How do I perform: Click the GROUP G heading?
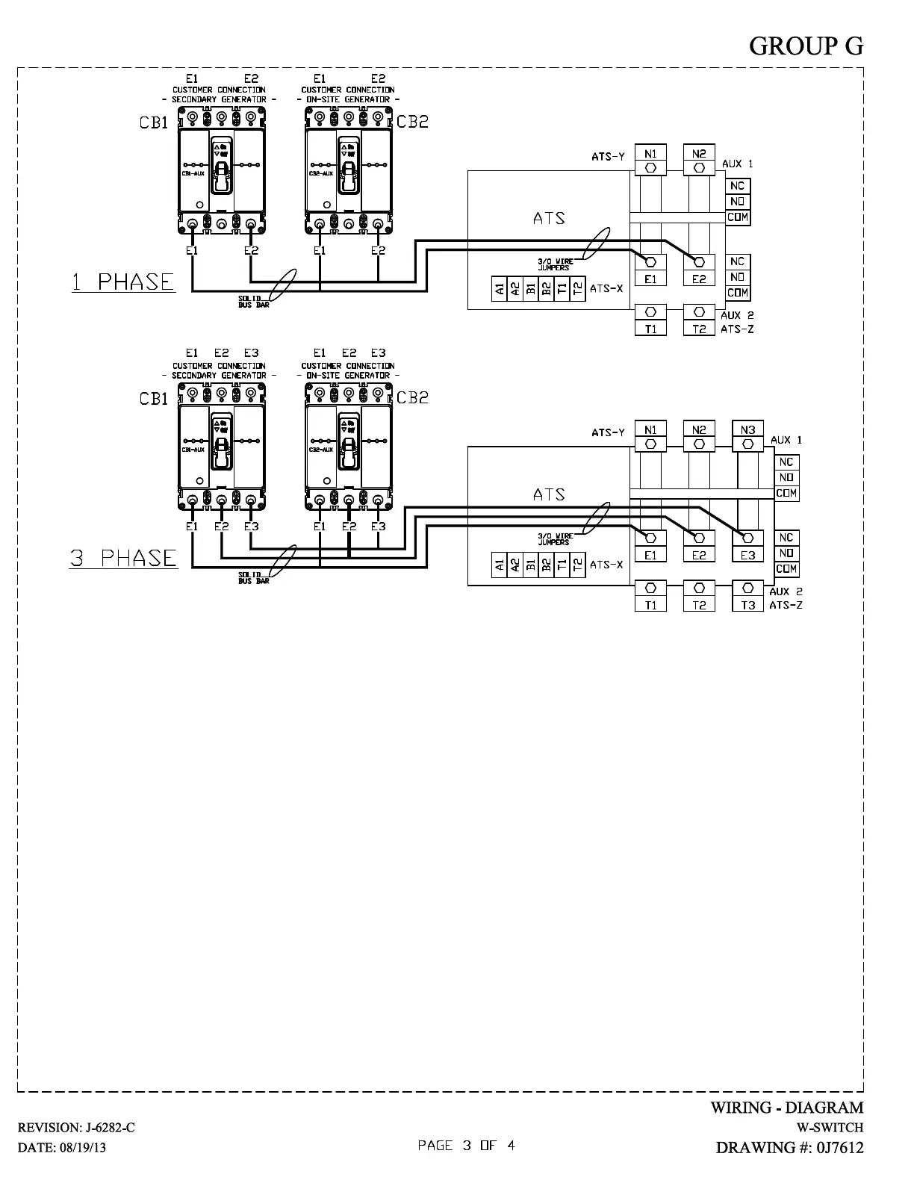click(x=806, y=46)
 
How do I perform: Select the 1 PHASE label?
click(x=123, y=282)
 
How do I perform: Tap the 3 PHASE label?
click(x=124, y=559)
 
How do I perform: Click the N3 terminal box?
click(x=747, y=430)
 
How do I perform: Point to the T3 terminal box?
click(x=747, y=605)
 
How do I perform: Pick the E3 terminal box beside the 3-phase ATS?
click(x=747, y=555)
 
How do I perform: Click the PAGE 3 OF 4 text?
click(x=466, y=1146)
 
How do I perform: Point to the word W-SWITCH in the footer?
click(x=830, y=1128)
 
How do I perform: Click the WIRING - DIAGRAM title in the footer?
click(x=786, y=1108)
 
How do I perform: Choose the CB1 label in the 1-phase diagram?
click(x=154, y=123)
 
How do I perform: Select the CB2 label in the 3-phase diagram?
click(x=412, y=398)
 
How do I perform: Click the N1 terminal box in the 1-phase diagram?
click(x=650, y=154)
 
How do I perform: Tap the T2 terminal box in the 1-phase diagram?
click(x=699, y=329)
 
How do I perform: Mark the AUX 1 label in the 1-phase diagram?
click(x=738, y=164)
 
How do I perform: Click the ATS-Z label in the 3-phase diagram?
click(x=786, y=605)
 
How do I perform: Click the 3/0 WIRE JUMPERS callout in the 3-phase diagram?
click(x=553, y=538)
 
